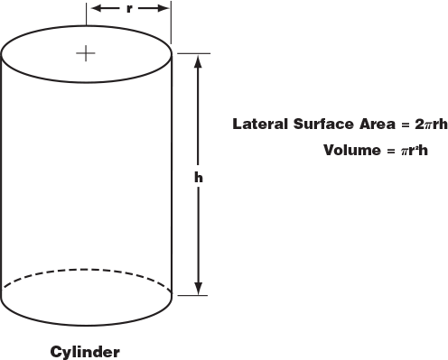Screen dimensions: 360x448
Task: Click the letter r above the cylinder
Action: (x=129, y=8)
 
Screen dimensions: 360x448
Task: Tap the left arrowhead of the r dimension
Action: (x=93, y=8)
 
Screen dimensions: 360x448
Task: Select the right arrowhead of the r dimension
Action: (x=165, y=8)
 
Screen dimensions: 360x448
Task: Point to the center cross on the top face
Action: (x=86, y=53)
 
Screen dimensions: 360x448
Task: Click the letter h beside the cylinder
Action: (x=199, y=177)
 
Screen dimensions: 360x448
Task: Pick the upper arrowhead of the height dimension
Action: (x=199, y=59)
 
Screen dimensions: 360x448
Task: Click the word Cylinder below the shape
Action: (x=85, y=350)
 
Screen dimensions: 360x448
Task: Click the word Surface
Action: (x=313, y=124)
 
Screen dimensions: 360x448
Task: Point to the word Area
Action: (x=365, y=124)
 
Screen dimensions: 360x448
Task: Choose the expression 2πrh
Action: (x=423, y=124)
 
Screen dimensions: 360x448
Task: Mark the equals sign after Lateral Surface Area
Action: (x=392, y=124)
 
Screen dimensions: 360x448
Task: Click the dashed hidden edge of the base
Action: (x=86, y=269)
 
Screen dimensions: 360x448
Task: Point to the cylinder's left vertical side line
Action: (x=2, y=171)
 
